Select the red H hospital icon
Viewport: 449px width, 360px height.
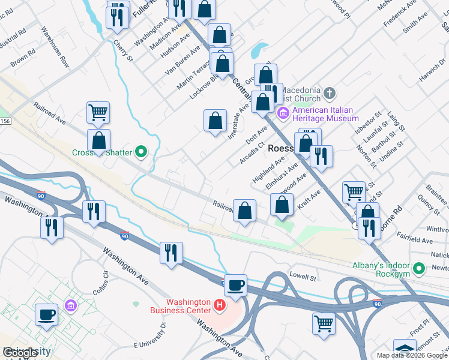(x=220, y=306)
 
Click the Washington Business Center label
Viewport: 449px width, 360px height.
(x=188, y=306)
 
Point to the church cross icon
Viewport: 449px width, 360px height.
(x=329, y=94)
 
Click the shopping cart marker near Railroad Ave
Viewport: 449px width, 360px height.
(x=98, y=113)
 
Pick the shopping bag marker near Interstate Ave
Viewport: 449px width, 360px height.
(x=215, y=122)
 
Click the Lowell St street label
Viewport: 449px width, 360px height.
(x=303, y=277)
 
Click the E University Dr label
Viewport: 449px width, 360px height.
(x=148, y=338)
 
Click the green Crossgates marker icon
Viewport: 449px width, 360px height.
(x=141, y=152)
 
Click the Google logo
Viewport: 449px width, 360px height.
(x=20, y=353)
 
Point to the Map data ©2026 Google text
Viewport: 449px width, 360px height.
(x=411, y=355)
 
